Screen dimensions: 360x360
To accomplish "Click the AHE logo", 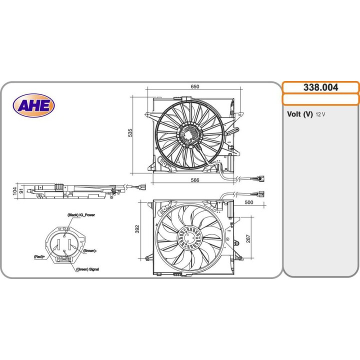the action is [x=34, y=105].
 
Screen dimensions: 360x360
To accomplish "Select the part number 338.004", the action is [x=320, y=87].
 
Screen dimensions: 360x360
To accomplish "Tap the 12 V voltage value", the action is [x=320, y=114].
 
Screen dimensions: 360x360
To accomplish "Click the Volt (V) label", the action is [x=300, y=114].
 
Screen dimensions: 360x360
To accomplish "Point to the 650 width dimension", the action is [x=195, y=86].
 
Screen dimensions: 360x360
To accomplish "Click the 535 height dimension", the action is [x=130, y=133].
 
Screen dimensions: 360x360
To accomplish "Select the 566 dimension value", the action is [x=195, y=180].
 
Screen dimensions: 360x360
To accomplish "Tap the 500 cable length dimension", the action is [x=249, y=202].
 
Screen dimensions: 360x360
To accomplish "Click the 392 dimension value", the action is [x=137, y=229].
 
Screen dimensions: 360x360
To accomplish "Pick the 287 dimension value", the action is [x=248, y=238].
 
